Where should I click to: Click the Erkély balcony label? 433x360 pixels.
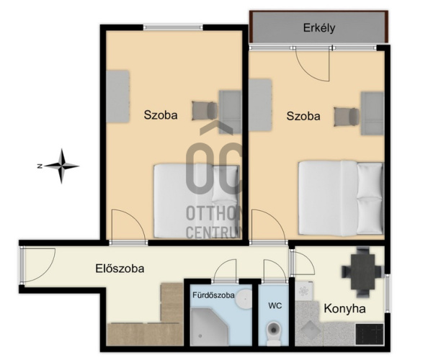319,28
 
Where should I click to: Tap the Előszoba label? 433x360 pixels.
120,269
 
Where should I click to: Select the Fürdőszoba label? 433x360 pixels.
213,295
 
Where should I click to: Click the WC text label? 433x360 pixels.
275,305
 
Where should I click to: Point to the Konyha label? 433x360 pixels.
344,308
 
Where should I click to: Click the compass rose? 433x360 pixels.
61,166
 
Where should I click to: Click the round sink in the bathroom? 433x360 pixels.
244,299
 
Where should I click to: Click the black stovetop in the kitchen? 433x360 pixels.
370,334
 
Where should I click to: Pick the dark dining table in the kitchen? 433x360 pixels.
362,271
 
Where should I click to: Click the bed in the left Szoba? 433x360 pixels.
197,201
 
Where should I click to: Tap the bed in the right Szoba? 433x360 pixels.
341,198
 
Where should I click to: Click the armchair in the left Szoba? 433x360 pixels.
205,111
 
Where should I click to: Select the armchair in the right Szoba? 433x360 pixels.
347,117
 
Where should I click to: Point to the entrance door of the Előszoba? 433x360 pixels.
38,266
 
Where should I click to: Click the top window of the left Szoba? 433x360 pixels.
173,27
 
